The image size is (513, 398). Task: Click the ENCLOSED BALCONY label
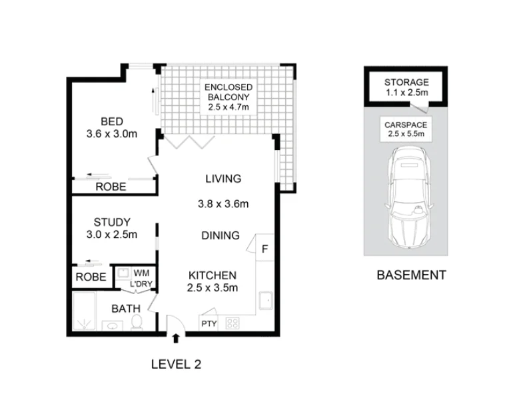228,97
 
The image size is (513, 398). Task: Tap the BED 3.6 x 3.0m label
111,127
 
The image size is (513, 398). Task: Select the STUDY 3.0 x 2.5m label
111,228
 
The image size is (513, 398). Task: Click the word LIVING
222,179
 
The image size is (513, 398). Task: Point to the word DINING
221,235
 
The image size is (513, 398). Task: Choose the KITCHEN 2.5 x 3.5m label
213,281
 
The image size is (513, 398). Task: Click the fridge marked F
264,249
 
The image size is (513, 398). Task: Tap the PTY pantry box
208,324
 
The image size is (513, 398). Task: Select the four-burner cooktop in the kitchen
233,323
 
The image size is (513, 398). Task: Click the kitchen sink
264,302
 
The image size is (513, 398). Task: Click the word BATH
125,309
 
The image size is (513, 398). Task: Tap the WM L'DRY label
141,278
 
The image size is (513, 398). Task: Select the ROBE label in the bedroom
110,187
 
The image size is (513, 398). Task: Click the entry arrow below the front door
175,338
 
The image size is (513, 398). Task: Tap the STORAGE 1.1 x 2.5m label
406,87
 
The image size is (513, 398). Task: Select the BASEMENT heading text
411,275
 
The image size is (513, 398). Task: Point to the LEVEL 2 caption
176,364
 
